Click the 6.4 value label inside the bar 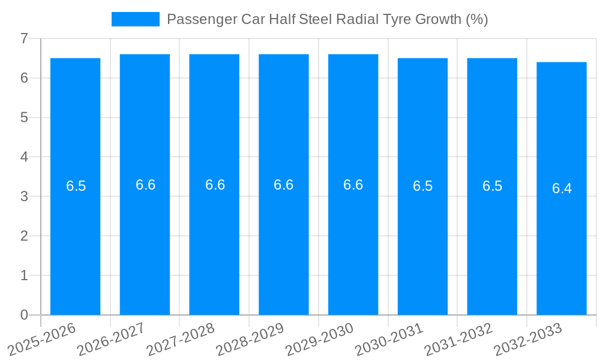click(x=562, y=188)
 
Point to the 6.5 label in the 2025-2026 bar click(x=76, y=186)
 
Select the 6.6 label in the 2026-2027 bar click(x=145, y=185)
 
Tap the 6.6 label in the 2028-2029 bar click(x=284, y=185)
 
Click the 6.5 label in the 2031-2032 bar click(x=492, y=186)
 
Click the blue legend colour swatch click(x=135, y=19)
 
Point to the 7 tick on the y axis click(x=24, y=38)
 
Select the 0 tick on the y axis click(x=24, y=315)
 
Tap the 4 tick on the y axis click(x=24, y=157)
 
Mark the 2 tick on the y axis click(x=24, y=236)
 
